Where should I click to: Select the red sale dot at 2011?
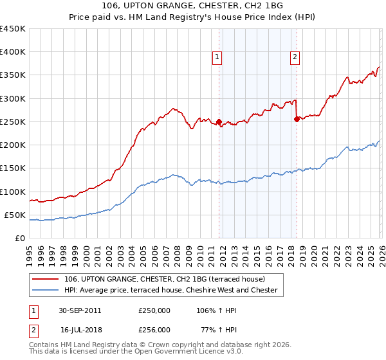[219, 122]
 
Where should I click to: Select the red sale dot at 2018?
[297, 119]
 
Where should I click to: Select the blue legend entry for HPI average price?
[170, 291]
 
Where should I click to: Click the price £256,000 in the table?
[154, 329]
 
